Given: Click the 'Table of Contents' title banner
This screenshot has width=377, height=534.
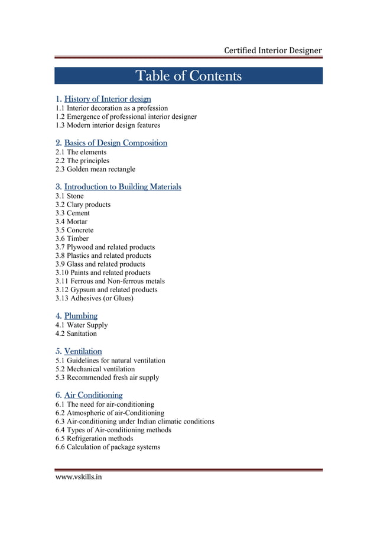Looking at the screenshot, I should tap(188, 76).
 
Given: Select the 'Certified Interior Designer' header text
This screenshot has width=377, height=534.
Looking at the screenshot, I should tap(272, 50).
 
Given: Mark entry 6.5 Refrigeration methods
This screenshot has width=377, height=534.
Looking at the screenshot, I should tap(95, 438).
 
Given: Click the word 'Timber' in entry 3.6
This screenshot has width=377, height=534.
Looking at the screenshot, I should tap(78, 238).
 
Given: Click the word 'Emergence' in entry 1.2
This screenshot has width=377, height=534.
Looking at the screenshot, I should tap(83, 116).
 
